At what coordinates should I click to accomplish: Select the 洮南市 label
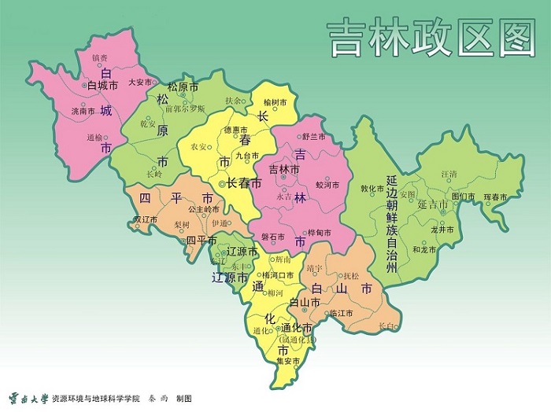(x=83, y=111)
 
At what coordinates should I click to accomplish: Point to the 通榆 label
(x=94, y=137)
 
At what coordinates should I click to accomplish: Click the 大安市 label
(x=139, y=81)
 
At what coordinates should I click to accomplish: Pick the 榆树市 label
(x=275, y=102)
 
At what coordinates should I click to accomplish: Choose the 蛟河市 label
(x=326, y=185)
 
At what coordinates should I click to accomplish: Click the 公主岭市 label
(x=204, y=209)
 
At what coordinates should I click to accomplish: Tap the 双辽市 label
(x=147, y=219)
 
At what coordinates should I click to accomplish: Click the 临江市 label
(x=340, y=313)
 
